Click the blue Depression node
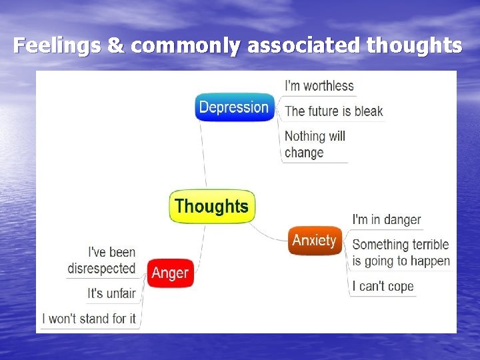click(234, 107)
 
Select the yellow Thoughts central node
click(211, 206)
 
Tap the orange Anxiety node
click(315, 240)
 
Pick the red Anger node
click(170, 273)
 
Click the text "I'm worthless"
click(319, 86)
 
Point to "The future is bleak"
click(333, 111)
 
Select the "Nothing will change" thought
click(314, 144)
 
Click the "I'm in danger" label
click(387, 219)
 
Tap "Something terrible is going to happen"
click(401, 253)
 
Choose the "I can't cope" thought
click(383, 287)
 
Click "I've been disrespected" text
click(102, 261)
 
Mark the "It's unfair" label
click(111, 293)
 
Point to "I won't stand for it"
click(89, 319)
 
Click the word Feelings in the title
click(55, 45)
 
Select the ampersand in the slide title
click(115, 45)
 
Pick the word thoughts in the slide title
click(414, 45)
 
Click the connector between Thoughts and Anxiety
click(270, 235)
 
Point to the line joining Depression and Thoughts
click(203, 153)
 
